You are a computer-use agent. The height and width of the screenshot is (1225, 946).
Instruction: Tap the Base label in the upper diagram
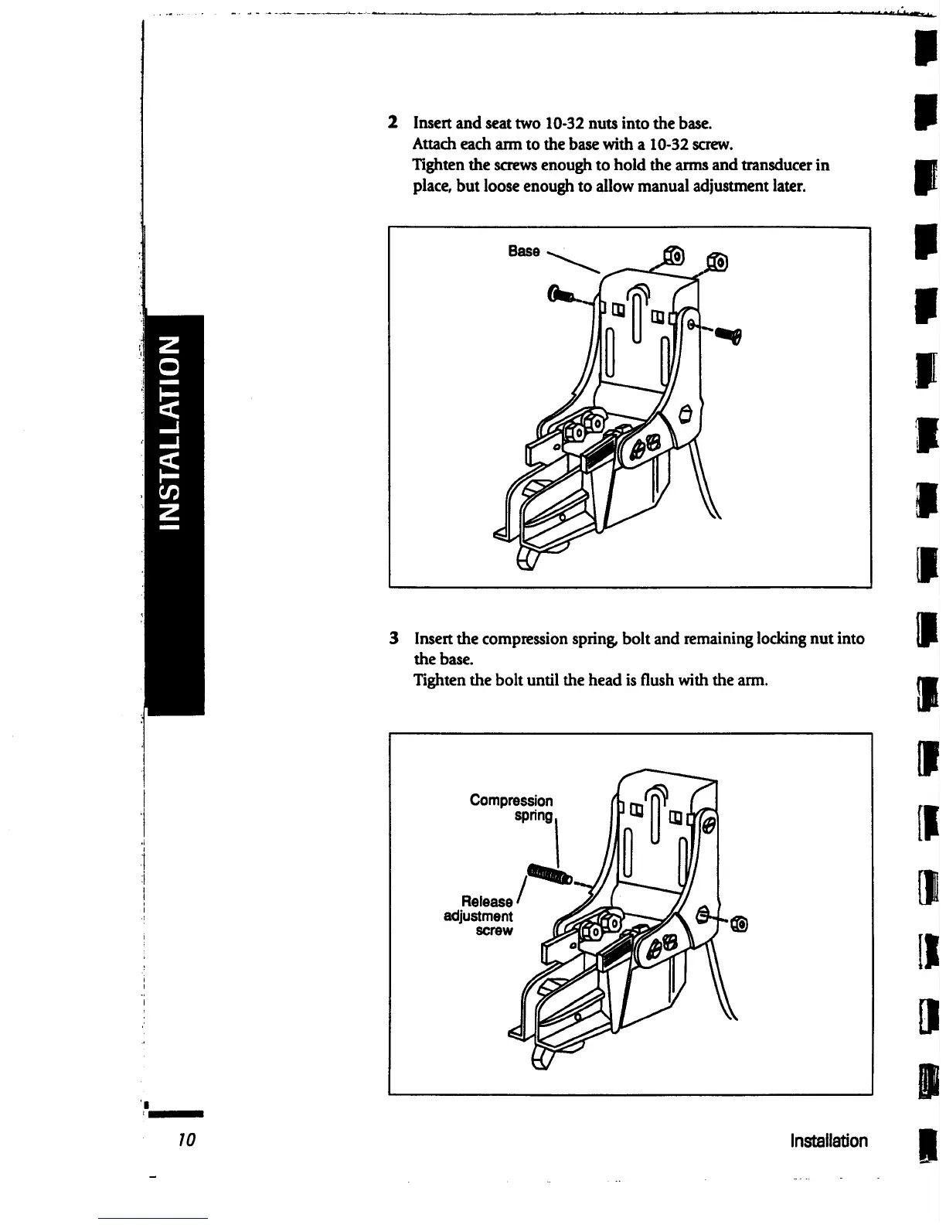coord(523,251)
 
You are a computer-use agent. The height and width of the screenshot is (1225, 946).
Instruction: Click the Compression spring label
coord(512,807)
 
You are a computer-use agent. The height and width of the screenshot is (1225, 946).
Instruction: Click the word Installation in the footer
coord(829,1141)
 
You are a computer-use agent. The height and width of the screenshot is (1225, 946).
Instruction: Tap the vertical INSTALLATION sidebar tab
coord(175,433)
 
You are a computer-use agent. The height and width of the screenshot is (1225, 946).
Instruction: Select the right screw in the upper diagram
coord(727,334)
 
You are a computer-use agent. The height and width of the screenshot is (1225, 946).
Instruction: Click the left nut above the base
coord(673,254)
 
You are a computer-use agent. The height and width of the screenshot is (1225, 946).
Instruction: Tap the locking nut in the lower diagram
coord(737,923)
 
